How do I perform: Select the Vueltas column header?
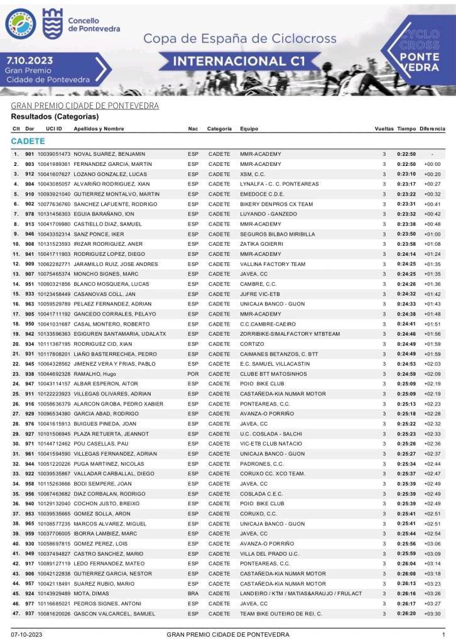tap(384, 128)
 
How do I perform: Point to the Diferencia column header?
tap(432, 128)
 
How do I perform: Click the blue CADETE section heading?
tap(28, 141)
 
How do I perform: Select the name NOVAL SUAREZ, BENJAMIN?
tap(109, 154)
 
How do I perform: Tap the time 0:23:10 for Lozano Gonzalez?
tap(406, 174)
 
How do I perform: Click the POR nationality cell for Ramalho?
tap(193, 374)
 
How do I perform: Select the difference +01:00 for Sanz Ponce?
tap(432, 234)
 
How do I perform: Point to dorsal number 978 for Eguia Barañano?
tap(30, 214)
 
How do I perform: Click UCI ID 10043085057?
tap(54, 184)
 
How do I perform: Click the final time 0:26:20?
tap(406, 613)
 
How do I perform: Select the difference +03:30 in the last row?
tap(432, 613)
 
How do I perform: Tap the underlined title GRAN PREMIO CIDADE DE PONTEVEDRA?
tap(85, 106)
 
